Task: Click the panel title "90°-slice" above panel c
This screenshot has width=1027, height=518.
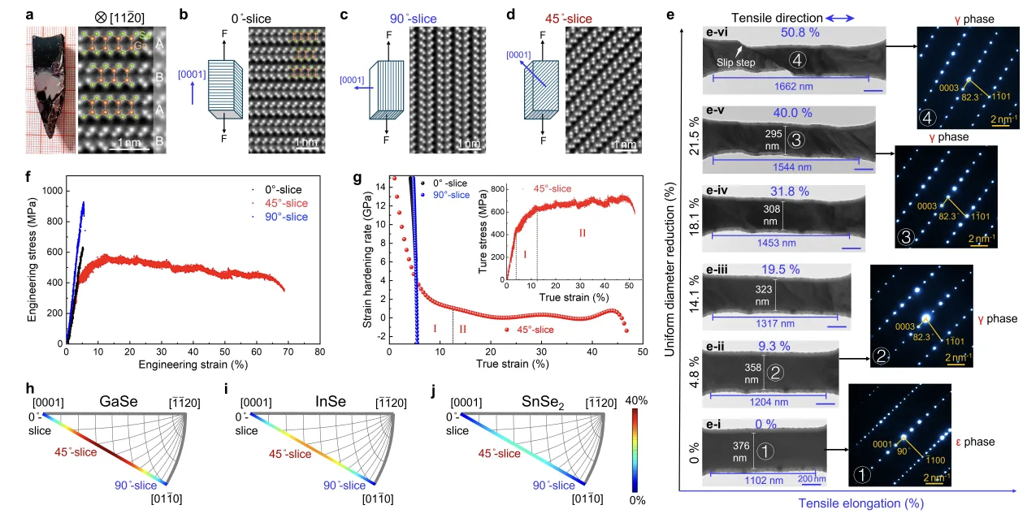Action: click(x=413, y=19)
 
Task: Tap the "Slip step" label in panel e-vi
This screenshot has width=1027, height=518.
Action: click(x=735, y=63)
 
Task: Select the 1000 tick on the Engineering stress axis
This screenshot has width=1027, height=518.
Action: click(x=52, y=191)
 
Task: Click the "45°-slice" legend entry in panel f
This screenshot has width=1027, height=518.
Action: click(x=286, y=203)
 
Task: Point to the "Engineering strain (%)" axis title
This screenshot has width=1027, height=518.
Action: click(x=193, y=365)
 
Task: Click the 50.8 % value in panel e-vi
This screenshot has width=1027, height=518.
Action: click(x=800, y=32)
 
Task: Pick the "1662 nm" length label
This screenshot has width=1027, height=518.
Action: click(x=794, y=86)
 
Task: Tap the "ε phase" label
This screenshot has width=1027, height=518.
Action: click(x=975, y=442)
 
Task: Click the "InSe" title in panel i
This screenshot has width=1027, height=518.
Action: click(x=330, y=402)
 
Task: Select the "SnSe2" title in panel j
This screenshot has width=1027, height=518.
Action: click(x=543, y=402)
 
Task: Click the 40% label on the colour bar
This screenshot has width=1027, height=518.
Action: click(x=636, y=400)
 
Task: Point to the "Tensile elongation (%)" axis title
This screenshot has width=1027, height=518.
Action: click(x=861, y=503)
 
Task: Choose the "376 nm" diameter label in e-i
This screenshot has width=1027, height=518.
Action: click(x=741, y=451)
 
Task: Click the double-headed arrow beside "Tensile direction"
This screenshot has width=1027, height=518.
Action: click(x=840, y=19)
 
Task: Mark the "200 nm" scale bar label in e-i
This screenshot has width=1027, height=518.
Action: click(x=812, y=479)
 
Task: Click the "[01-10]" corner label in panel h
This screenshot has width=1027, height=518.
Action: click(x=167, y=499)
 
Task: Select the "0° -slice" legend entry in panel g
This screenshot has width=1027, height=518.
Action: click(x=450, y=183)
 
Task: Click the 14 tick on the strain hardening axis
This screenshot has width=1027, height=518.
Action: click(x=380, y=187)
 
